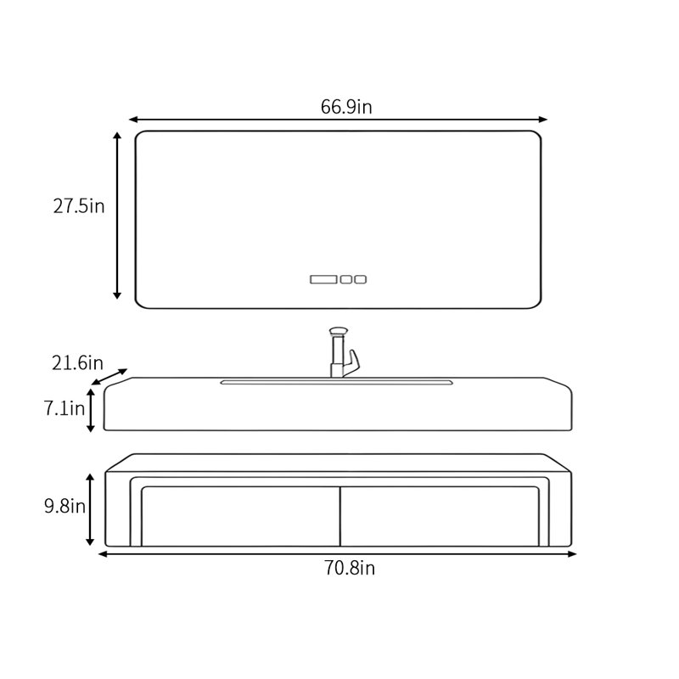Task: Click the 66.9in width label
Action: click(346, 107)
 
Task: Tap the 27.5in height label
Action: click(79, 206)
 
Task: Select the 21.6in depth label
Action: click(77, 363)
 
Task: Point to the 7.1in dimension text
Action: click(65, 408)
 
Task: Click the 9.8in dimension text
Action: click(65, 506)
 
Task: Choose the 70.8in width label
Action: click(350, 568)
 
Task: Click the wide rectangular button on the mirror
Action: click(323, 279)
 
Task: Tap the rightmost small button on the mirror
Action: click(360, 279)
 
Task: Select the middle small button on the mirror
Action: click(346, 279)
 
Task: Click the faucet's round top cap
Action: click(339, 331)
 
